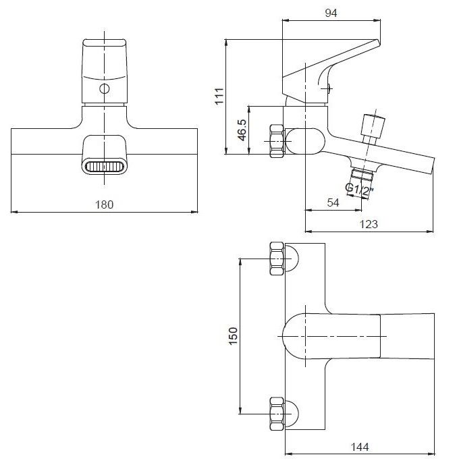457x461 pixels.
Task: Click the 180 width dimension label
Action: (x=105, y=205)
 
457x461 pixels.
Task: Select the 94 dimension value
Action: (x=331, y=13)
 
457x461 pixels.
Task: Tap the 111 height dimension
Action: (x=219, y=96)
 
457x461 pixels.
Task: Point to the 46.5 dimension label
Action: (x=242, y=130)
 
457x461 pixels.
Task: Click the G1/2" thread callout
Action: (x=359, y=190)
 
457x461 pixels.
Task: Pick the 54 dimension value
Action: (x=333, y=202)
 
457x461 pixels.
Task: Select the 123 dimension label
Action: (x=369, y=224)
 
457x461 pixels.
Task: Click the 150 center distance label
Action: (x=233, y=336)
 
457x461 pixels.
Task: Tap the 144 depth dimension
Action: (x=360, y=448)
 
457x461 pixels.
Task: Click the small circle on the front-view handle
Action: (x=105, y=88)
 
